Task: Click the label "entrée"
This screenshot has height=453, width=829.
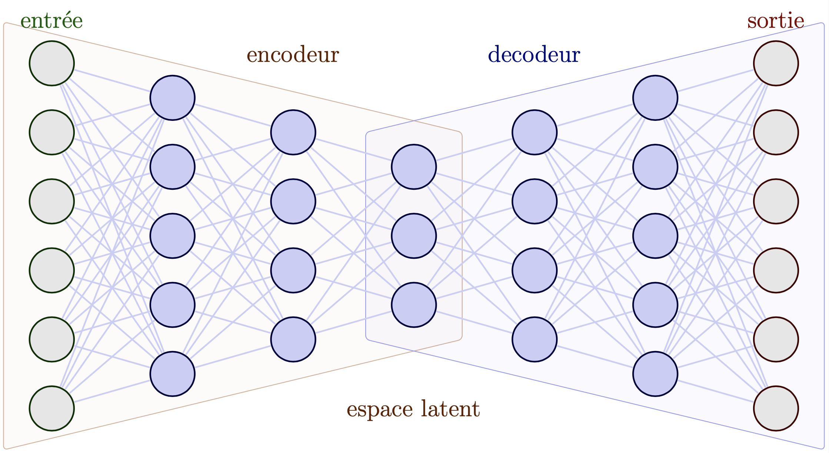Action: [51, 21]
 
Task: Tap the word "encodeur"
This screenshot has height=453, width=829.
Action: [293, 55]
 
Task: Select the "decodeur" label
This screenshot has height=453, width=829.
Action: [534, 55]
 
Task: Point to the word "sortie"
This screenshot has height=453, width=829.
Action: [776, 21]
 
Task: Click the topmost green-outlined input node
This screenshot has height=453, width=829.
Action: [52, 63]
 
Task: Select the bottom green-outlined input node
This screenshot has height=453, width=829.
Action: [52, 408]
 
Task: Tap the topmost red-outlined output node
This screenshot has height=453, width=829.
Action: [776, 63]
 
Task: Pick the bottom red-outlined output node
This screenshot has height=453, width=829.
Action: [776, 408]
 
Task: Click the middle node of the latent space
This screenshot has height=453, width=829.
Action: [414, 236]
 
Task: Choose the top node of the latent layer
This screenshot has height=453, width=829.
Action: [414, 167]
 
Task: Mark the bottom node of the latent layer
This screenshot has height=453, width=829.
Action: [414, 305]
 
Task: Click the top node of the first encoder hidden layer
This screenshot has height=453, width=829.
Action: [173, 98]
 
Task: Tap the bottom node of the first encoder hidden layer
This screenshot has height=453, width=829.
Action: [173, 374]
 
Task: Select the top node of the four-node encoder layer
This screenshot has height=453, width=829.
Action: [293, 132]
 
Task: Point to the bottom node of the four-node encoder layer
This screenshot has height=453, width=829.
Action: [293, 339]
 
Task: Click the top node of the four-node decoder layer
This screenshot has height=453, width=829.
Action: [535, 132]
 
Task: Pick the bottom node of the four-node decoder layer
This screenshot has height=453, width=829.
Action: [535, 339]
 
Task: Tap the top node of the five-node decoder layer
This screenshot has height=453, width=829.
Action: [655, 98]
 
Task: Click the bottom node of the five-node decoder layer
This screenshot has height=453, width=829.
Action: [655, 374]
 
